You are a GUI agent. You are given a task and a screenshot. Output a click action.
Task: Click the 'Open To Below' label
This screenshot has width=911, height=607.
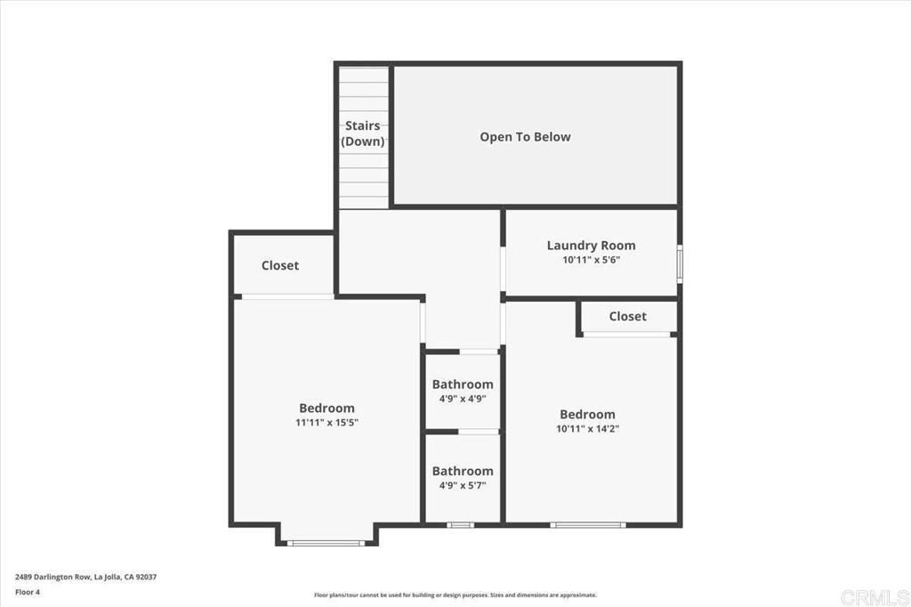click(x=525, y=137)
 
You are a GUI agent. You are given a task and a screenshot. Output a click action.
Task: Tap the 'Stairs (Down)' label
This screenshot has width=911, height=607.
click(x=363, y=134)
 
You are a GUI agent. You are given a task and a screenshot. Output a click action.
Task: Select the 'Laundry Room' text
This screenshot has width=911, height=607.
click(x=591, y=246)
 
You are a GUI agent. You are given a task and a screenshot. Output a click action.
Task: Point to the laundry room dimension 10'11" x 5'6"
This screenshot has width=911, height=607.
click(x=591, y=261)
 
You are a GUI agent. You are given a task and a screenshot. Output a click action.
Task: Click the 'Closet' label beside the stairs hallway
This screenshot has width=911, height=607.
click(x=280, y=265)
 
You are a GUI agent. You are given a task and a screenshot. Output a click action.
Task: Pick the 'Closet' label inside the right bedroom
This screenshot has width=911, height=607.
click(x=627, y=316)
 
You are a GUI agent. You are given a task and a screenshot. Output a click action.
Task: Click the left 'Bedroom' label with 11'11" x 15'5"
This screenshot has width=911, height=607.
click(x=327, y=409)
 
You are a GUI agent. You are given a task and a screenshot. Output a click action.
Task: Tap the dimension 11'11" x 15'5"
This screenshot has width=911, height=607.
click(x=327, y=423)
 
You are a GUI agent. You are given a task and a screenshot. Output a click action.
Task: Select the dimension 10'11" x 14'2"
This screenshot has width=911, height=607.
click(x=587, y=429)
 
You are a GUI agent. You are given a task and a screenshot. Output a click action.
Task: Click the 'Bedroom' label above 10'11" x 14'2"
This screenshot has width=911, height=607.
click(x=587, y=414)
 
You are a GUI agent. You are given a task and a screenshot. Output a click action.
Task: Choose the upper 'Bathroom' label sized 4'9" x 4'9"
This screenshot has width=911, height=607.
click(x=463, y=384)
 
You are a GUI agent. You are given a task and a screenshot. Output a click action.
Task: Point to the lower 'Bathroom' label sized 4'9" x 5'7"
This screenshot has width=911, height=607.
click(x=463, y=471)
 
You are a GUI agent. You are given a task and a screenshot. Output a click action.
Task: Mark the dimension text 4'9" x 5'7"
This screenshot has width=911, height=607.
click(x=463, y=486)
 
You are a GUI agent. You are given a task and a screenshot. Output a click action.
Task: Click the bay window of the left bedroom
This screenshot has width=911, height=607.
click(x=326, y=543)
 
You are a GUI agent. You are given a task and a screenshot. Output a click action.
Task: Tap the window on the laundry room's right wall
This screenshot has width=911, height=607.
click(x=680, y=264)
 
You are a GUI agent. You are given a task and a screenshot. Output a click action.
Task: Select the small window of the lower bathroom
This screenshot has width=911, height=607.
click(x=460, y=525)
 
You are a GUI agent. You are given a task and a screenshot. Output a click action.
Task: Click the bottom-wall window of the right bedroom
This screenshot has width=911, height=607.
click(x=587, y=525)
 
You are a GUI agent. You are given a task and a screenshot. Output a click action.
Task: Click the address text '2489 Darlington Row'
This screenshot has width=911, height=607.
click(x=53, y=576)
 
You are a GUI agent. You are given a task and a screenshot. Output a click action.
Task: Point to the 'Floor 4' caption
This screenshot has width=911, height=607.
click(x=28, y=591)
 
